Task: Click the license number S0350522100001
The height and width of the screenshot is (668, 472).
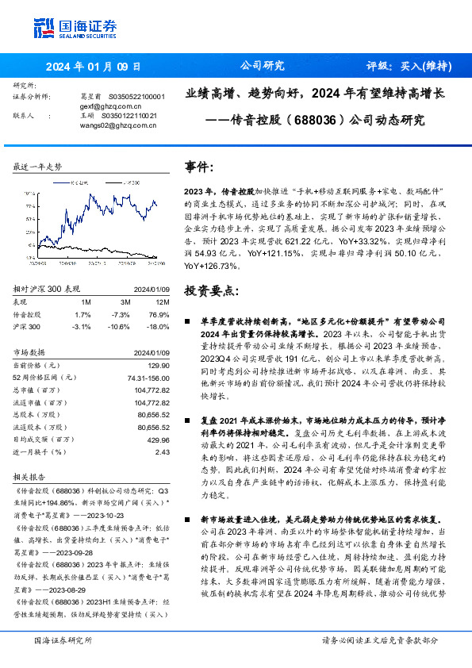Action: (136, 96)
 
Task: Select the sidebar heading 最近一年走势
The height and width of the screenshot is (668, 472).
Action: (38, 166)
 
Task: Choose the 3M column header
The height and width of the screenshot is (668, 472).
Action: (125, 302)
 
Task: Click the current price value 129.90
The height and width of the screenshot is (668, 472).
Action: (159, 364)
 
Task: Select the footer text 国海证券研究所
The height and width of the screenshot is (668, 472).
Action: (63, 639)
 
